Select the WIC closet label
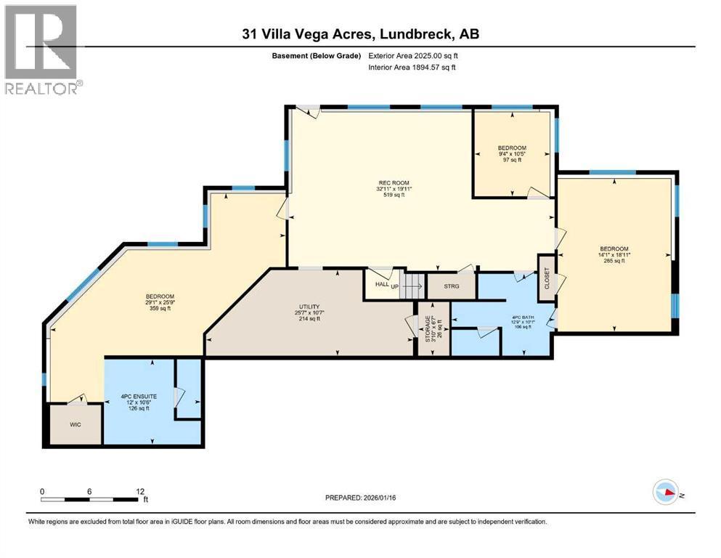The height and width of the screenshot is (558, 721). coord(75,424)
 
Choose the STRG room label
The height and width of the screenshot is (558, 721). coord(450,286)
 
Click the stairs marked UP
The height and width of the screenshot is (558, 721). coord(412,285)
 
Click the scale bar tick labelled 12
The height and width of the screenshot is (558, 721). coord(138,491)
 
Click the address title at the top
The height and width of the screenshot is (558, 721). coord(360,33)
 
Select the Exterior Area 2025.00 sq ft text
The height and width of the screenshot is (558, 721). coord(413,55)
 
